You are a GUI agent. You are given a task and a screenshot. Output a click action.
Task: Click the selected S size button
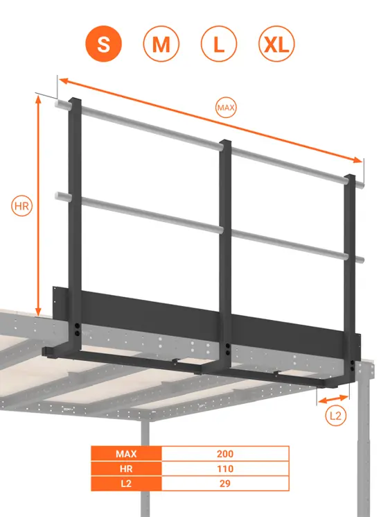point(104,45)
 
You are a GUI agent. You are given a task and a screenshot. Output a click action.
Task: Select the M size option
point(161,45)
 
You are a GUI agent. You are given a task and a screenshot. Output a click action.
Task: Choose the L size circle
point(218,45)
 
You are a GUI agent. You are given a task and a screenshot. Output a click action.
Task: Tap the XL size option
point(276,45)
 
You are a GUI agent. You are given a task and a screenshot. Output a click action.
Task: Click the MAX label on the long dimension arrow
point(227,108)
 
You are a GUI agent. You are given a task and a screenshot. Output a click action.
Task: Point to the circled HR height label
point(23,206)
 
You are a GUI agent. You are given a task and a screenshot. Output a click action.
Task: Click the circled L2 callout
point(335,416)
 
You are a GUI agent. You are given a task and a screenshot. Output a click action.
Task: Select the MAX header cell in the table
point(127,455)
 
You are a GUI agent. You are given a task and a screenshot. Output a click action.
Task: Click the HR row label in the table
point(127,469)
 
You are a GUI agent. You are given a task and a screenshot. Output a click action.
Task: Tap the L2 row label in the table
point(127,484)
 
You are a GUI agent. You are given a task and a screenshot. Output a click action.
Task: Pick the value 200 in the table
point(225,455)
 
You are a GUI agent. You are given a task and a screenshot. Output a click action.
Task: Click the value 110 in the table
point(225,469)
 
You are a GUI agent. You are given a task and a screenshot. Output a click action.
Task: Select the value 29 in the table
point(225,484)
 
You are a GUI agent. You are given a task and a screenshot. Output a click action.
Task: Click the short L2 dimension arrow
point(333,398)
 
